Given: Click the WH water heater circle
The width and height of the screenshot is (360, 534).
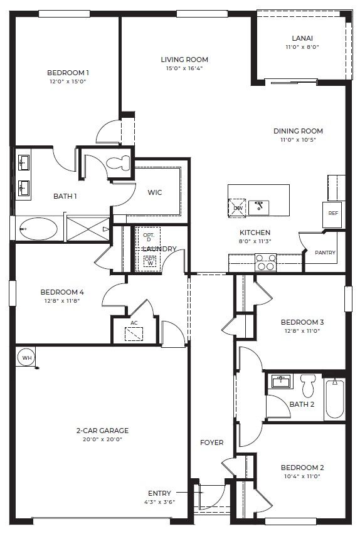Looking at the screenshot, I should (26, 357).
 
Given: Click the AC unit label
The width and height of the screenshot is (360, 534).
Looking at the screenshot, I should (134, 323).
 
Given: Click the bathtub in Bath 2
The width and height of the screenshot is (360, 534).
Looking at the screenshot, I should (334, 399).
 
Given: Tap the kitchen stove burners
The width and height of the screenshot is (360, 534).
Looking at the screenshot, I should (266, 261).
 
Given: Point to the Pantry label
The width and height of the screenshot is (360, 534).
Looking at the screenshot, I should (325, 253).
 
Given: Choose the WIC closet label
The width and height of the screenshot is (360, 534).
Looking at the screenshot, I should (155, 192).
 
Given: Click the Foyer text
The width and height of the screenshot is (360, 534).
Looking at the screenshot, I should (212, 442).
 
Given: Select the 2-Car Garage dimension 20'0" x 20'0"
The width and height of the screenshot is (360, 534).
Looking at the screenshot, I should (102, 439).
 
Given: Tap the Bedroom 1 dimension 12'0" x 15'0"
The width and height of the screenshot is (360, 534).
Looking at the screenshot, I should (68, 81).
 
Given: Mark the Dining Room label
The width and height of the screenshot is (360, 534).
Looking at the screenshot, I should (298, 131).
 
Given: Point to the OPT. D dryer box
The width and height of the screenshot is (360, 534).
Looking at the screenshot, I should (149, 236).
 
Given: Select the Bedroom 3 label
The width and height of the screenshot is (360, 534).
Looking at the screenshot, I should (302, 322).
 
